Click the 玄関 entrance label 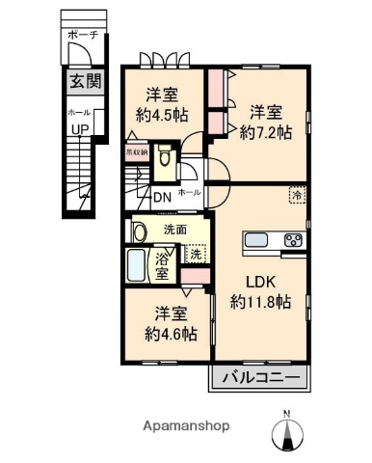coord(79,81)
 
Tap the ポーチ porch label coord(78,35)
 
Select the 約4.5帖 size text coord(160,115)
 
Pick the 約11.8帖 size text coord(260,302)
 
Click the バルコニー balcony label coord(257,376)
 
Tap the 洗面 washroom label coord(174,231)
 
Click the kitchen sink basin coord(259,240)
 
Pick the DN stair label coord(163,199)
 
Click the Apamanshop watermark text coord(185,425)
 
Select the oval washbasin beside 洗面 coord(140,231)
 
